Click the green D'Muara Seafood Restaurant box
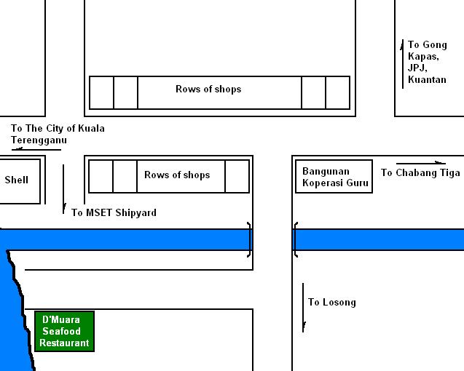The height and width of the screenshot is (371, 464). pos(65,331)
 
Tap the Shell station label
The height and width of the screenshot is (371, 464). pos(17,180)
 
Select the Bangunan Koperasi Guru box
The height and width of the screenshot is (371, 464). pos(334,177)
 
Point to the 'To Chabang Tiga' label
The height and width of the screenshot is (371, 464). pos(420,173)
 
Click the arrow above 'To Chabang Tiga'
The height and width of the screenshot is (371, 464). pos(421,163)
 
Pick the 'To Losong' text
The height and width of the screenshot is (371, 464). pos(331,302)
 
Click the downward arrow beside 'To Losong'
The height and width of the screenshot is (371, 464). pos(304,308)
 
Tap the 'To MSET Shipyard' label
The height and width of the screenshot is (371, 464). pos(114,212)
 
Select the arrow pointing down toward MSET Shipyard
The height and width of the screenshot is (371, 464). pos(64,188)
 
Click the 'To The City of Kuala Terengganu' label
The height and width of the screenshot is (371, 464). pos(58,133)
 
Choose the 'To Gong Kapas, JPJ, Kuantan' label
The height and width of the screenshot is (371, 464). pos(427,62)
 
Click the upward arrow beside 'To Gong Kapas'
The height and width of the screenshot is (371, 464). pos(403,64)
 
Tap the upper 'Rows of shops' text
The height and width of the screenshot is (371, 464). pos(208,89)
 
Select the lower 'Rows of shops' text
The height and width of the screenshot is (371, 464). pos(177,175)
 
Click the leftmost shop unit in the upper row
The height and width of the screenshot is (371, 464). pos(101,92)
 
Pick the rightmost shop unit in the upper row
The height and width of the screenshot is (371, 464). pos(337,92)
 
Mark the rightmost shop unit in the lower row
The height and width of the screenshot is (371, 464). pos(237,177)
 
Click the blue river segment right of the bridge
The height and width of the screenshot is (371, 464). pos(379,239)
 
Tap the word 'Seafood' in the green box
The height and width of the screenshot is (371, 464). pos(65,331)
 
